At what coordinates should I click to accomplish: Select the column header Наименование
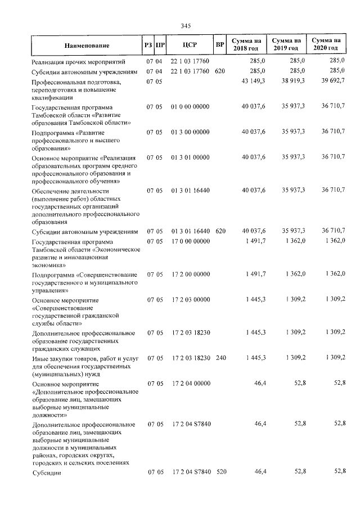coord(87,44)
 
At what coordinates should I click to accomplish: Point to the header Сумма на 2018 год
coord(246,44)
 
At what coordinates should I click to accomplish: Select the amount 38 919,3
coord(292,82)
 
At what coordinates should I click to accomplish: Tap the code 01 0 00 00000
coord(190,107)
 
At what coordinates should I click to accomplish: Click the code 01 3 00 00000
coord(190,132)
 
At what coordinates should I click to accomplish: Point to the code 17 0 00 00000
coord(190,241)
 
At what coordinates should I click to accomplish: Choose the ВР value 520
coord(221,472)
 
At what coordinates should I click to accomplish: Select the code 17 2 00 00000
coord(190,274)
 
